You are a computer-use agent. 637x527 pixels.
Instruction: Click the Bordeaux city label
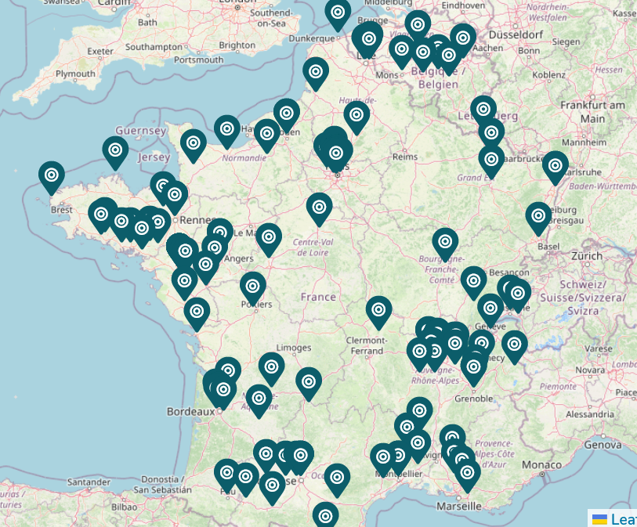[190, 411]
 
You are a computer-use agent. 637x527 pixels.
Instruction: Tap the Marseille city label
[458, 506]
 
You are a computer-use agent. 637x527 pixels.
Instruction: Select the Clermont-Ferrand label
[367, 345]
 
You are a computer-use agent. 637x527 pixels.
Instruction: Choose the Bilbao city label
[125, 507]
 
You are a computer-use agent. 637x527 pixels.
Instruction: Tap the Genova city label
[603, 444]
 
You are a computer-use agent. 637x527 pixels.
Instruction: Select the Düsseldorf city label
[516, 35]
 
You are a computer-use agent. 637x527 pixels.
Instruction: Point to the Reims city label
[404, 157]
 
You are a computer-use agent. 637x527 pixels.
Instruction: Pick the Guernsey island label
[140, 131]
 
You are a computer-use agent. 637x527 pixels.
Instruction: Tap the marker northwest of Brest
[52, 176]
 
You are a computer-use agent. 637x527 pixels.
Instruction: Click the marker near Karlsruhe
[555, 165]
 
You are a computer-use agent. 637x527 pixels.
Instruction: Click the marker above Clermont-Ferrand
[378, 311]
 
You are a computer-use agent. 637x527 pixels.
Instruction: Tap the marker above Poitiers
[252, 287]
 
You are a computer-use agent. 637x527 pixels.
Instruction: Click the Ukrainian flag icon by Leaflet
[599, 519]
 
